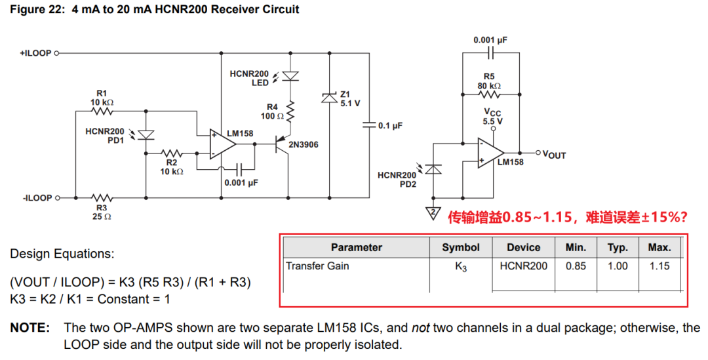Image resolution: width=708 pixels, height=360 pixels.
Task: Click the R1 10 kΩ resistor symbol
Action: [x=102, y=111]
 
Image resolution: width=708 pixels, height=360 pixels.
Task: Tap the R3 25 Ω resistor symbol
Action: [x=102, y=198]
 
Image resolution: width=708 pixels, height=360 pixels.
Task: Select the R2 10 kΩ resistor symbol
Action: [x=172, y=153]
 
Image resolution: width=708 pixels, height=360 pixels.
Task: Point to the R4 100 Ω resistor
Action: [x=290, y=111]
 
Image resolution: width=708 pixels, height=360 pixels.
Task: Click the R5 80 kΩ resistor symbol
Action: [x=489, y=94]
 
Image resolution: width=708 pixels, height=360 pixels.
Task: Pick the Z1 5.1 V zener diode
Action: [x=329, y=97]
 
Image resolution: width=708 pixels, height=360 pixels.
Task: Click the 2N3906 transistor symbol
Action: [x=283, y=145]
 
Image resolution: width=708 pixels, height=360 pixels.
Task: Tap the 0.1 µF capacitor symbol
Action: [x=369, y=125]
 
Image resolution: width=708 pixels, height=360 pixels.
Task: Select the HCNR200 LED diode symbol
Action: [x=290, y=76]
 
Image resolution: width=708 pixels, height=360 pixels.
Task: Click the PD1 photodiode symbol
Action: [x=146, y=135]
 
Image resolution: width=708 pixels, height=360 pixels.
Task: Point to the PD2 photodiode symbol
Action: [x=433, y=169]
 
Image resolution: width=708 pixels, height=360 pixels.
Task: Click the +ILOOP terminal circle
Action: [x=56, y=53]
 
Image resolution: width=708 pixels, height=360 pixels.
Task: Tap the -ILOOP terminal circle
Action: [x=56, y=198]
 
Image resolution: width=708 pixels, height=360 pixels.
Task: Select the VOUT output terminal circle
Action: [x=538, y=153]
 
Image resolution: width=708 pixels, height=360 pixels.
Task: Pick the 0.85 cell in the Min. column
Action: [x=576, y=266]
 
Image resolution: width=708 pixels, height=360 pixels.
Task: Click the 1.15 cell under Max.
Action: [x=659, y=266]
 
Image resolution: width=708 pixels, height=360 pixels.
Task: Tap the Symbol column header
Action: [x=461, y=247]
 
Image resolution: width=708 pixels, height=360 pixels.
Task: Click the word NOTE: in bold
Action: [x=30, y=328]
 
